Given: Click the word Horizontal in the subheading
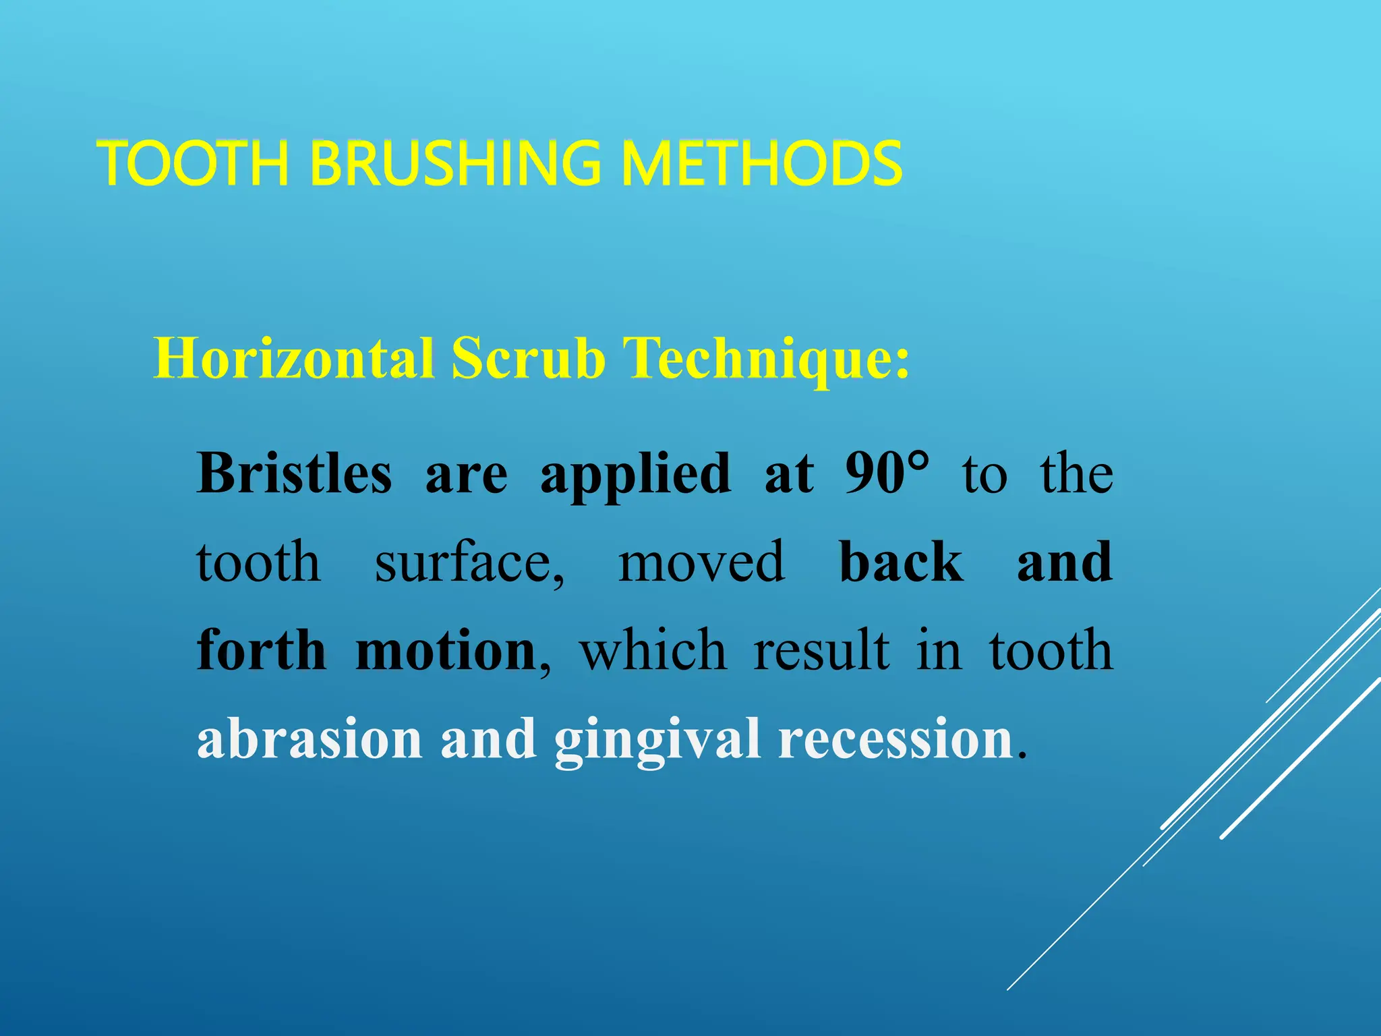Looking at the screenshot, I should point(294,358).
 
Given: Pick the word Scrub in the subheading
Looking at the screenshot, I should point(528,358).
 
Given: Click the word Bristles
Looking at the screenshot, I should point(294,473).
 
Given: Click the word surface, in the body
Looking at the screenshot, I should point(470,563).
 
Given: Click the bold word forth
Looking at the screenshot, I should point(262,650).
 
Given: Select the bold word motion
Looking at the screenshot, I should point(445,652).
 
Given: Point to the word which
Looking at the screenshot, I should point(653,650).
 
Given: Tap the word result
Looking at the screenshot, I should point(821,650).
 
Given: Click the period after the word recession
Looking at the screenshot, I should point(1022,753).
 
